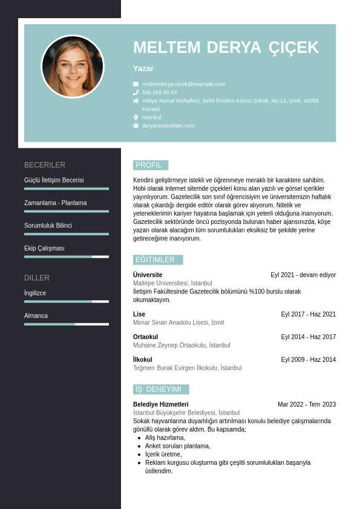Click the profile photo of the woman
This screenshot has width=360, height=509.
(73, 66)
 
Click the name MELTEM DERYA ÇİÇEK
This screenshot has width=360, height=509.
(226, 48)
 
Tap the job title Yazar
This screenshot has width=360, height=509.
(143, 68)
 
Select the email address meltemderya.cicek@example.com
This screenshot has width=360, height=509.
(183, 84)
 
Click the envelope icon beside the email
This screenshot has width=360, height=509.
(136, 84)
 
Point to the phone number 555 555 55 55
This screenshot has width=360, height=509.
(160, 93)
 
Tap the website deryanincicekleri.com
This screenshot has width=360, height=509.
(168, 125)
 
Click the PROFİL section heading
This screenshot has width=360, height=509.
(149, 165)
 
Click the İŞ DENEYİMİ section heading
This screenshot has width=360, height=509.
(159, 389)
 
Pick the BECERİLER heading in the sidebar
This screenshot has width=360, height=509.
(45, 165)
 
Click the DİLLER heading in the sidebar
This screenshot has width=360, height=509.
(37, 278)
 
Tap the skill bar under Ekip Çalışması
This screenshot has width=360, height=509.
(67, 257)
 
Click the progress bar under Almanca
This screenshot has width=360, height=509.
(67, 324)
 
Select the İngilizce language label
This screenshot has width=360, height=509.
(35, 293)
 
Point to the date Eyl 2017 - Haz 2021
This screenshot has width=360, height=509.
(308, 314)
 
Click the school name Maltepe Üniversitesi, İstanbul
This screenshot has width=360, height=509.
(172, 283)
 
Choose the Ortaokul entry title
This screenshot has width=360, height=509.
(145, 337)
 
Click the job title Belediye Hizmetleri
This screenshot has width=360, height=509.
(160, 404)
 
